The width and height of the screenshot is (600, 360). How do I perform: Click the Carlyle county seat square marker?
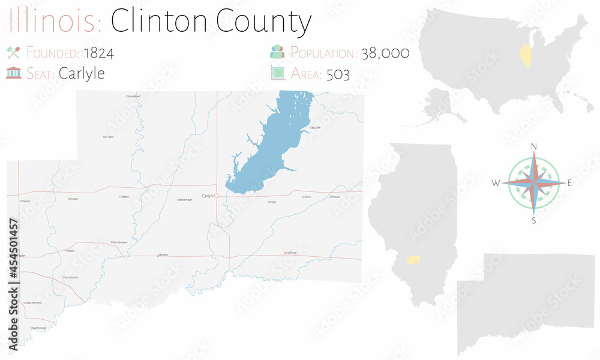(217, 196)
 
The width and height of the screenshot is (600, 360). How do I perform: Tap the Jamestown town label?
(134, 96)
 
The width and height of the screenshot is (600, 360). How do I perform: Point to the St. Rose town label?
(109, 137)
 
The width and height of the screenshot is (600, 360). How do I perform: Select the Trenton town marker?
(21, 201)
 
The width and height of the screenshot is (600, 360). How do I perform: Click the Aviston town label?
(74, 199)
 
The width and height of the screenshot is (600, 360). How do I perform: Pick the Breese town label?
(125, 196)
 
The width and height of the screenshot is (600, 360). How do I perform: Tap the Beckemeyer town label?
(185, 200)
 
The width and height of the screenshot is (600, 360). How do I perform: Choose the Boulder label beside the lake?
(315, 128)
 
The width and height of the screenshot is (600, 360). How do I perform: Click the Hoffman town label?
(291, 253)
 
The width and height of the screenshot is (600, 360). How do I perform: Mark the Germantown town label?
(119, 242)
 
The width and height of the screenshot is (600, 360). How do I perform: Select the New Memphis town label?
(33, 303)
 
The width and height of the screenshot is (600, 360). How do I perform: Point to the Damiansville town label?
(70, 277)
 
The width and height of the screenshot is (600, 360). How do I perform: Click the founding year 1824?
(98, 53)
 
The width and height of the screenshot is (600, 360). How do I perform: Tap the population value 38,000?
(385, 53)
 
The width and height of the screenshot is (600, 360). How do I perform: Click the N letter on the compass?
(534, 146)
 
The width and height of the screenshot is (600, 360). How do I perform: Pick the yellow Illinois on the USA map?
(527, 53)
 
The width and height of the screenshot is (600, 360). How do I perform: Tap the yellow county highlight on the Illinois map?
(413, 260)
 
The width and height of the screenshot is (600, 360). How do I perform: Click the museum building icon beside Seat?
(13, 73)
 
